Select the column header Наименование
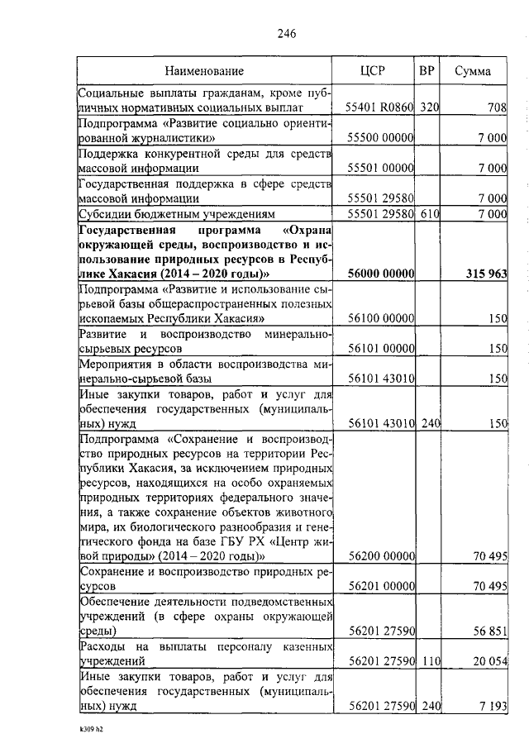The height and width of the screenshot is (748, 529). click(203, 71)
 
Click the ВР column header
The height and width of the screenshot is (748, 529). click(427, 71)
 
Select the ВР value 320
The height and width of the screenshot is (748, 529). click(428, 107)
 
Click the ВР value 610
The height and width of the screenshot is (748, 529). click(428, 214)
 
